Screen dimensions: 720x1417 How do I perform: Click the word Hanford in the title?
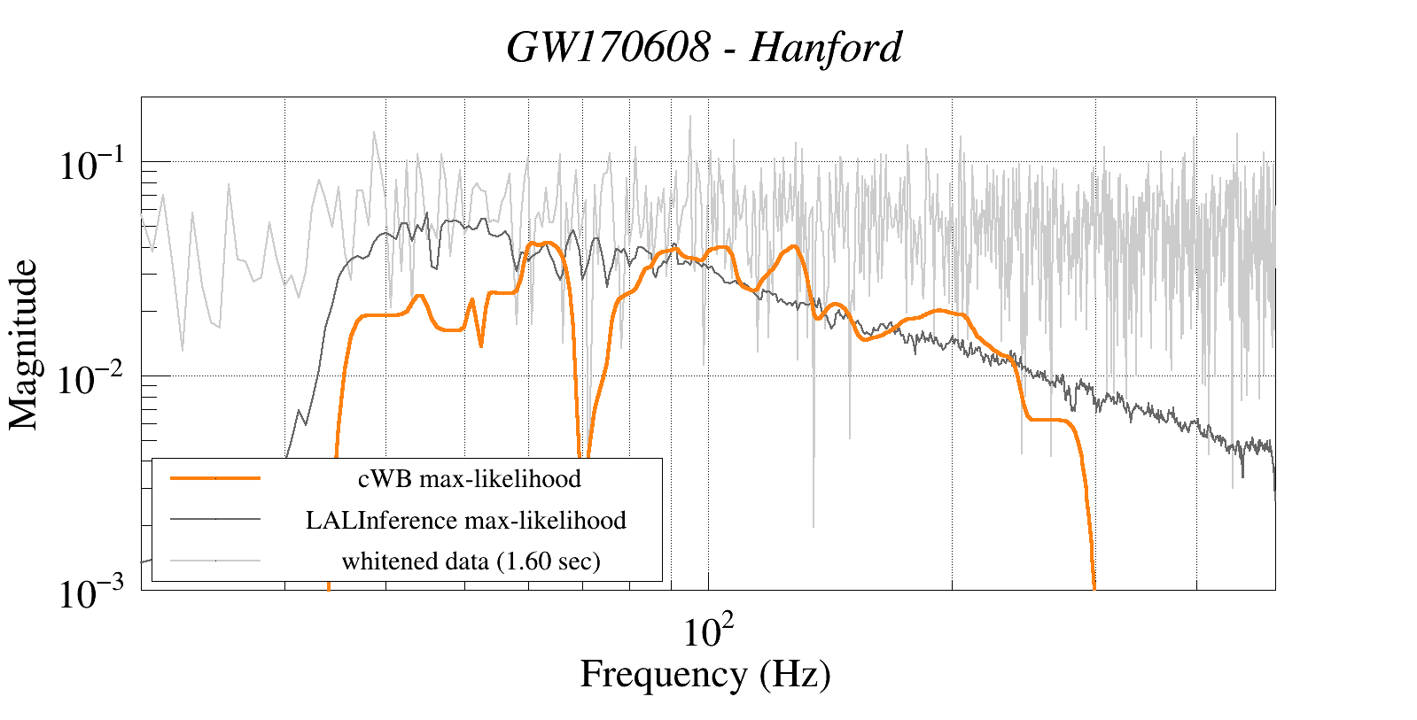tap(826, 48)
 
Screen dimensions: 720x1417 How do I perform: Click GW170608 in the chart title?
tap(609, 48)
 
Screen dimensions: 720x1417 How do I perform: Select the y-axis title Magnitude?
tap(25, 345)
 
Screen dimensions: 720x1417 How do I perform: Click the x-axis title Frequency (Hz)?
tap(705, 674)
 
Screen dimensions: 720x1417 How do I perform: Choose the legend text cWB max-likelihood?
tap(470, 479)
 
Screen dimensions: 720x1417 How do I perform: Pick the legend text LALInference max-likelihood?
tap(466, 520)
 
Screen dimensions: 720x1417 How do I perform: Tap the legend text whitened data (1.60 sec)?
tap(471, 561)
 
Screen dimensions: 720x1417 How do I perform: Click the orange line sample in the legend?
tap(215, 478)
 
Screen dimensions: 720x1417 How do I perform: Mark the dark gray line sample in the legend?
tap(215, 519)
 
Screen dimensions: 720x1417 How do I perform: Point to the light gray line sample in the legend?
tap(215, 560)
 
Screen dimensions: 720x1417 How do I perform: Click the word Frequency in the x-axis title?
tap(664, 674)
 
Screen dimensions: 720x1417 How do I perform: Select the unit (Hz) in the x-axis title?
tap(795, 674)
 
